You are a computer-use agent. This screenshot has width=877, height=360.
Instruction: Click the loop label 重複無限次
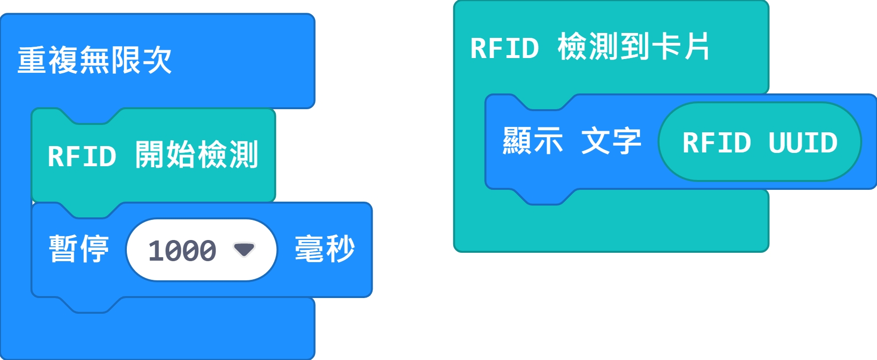[94, 60]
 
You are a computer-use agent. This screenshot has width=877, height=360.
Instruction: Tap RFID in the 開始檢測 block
[82, 156]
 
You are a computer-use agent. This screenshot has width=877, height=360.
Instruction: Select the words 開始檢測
[197, 155]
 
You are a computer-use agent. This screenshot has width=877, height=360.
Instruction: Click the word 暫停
[79, 249]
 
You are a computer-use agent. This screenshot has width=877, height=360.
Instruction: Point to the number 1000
[182, 250]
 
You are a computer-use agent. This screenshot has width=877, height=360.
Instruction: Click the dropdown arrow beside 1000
[244, 249]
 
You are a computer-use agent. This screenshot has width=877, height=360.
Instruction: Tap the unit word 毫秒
[324, 249]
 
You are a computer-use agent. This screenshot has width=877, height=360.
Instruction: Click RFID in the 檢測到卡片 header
[504, 48]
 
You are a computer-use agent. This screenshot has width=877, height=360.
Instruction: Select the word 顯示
[533, 141]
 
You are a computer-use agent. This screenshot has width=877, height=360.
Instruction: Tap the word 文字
[611, 141]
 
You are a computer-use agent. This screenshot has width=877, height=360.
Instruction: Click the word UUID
[803, 143]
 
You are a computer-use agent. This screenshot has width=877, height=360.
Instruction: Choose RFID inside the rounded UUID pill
[717, 143]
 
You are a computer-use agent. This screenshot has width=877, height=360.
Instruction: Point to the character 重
[32, 60]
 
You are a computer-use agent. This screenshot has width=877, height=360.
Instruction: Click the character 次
[157, 60]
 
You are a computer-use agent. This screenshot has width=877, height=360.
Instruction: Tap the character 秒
[340, 249]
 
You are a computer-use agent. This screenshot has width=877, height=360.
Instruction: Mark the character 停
[94, 249]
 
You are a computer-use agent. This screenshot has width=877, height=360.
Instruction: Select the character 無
[94, 60]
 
